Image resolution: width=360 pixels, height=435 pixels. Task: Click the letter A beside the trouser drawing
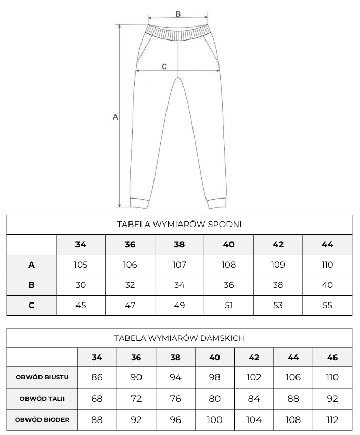[x=115, y=117]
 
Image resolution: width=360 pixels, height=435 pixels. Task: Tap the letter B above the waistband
[x=178, y=14]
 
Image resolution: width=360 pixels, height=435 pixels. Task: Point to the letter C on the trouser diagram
[x=164, y=66]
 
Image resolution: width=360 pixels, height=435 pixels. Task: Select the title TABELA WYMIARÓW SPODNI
[x=179, y=225]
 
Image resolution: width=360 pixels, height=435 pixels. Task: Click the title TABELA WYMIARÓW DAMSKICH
[x=179, y=338]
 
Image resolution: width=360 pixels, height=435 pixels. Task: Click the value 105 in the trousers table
[x=81, y=265]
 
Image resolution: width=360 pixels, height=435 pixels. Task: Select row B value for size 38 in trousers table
[x=179, y=285]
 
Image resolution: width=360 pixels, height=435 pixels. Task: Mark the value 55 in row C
[x=327, y=305]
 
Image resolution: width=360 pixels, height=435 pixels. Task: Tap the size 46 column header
[x=332, y=358]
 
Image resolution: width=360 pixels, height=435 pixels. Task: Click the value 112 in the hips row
[x=332, y=420]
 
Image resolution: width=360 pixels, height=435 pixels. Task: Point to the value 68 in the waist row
[x=97, y=399]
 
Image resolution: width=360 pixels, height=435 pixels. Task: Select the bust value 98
[x=215, y=377]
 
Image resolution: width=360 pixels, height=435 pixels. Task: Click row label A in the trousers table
[x=31, y=265]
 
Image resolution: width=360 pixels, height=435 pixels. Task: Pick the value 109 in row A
[x=278, y=265]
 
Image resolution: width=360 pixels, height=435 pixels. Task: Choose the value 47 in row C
[x=130, y=305]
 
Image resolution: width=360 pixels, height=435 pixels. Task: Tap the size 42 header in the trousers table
[x=278, y=244]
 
